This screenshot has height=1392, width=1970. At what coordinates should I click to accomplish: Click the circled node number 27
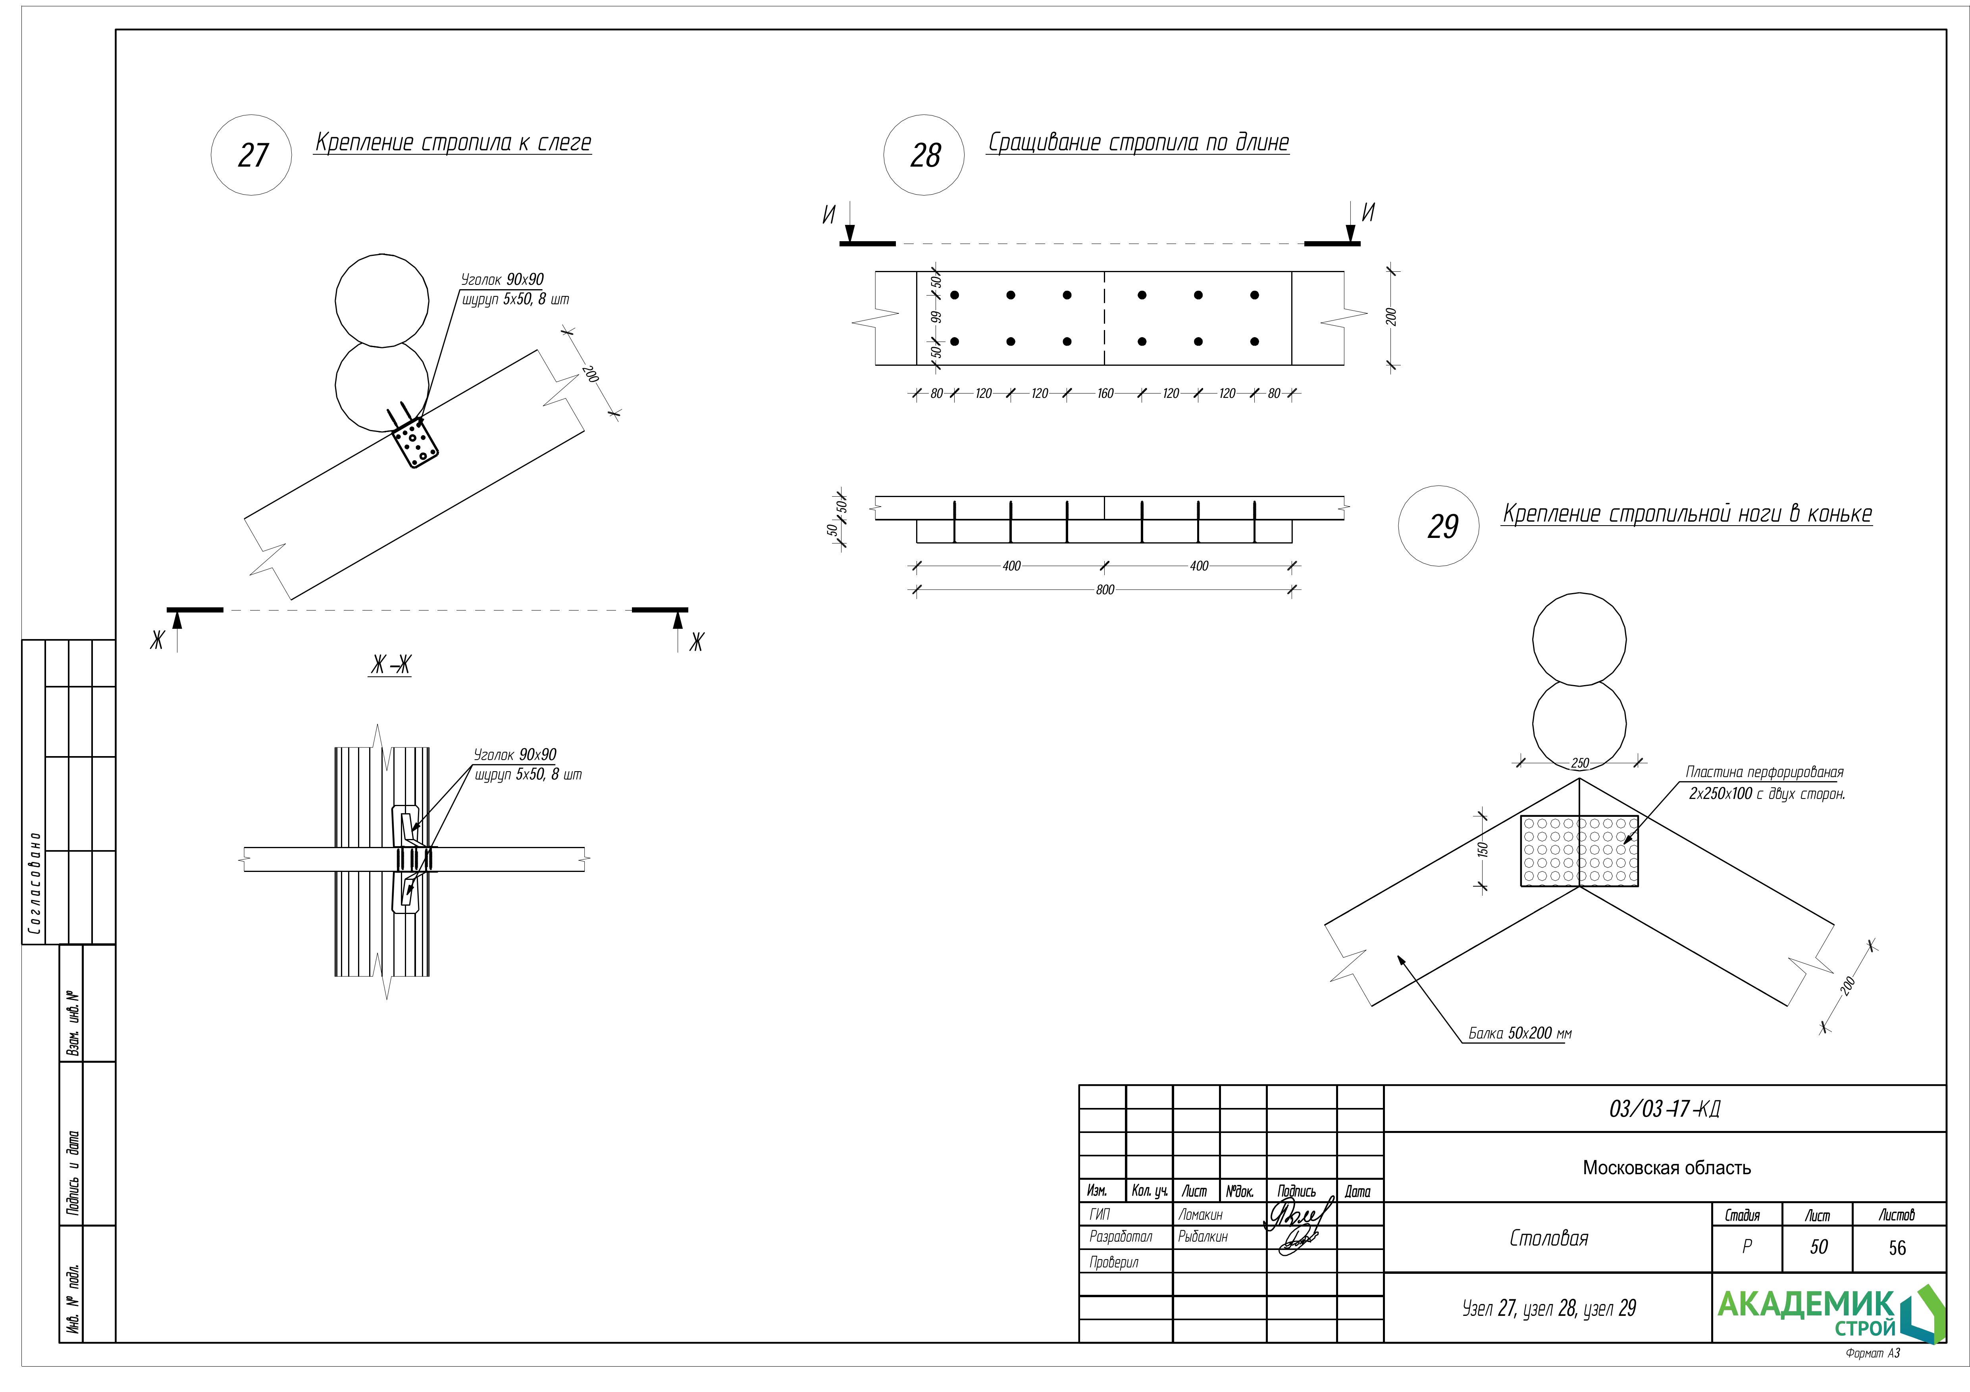[x=251, y=155]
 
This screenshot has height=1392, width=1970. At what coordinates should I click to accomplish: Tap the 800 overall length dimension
[x=1105, y=590]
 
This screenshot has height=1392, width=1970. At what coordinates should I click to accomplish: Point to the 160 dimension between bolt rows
[x=1105, y=394]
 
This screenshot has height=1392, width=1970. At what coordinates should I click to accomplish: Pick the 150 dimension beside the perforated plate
[x=1483, y=849]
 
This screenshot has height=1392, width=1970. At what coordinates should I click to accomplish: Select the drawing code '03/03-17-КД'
[x=1664, y=1109]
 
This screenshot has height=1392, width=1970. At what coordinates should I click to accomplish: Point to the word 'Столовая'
[x=1549, y=1238]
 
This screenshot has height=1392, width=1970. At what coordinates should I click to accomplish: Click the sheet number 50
[x=1818, y=1247]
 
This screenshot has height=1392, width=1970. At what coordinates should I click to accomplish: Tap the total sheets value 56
[x=1897, y=1248]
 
